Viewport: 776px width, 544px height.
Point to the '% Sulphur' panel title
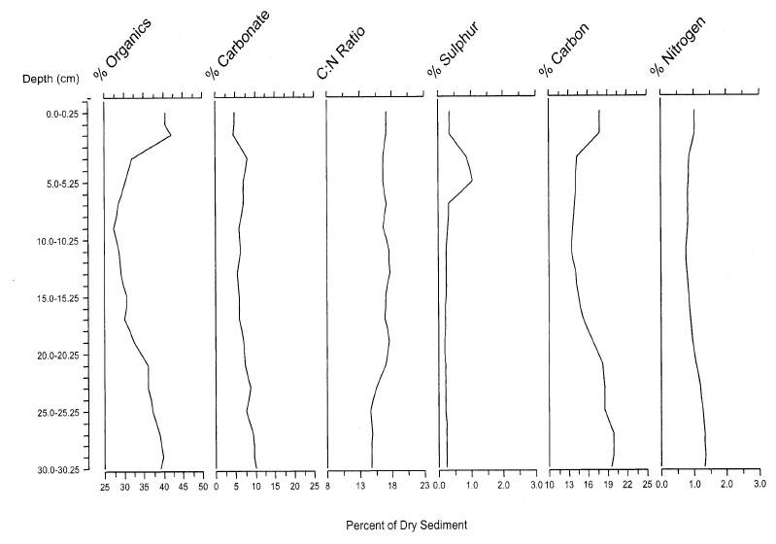point(458,46)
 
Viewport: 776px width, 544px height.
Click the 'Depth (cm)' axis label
point(51,78)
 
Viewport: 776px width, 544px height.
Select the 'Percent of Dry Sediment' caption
point(406,525)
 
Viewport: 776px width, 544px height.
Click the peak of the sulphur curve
point(472,181)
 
